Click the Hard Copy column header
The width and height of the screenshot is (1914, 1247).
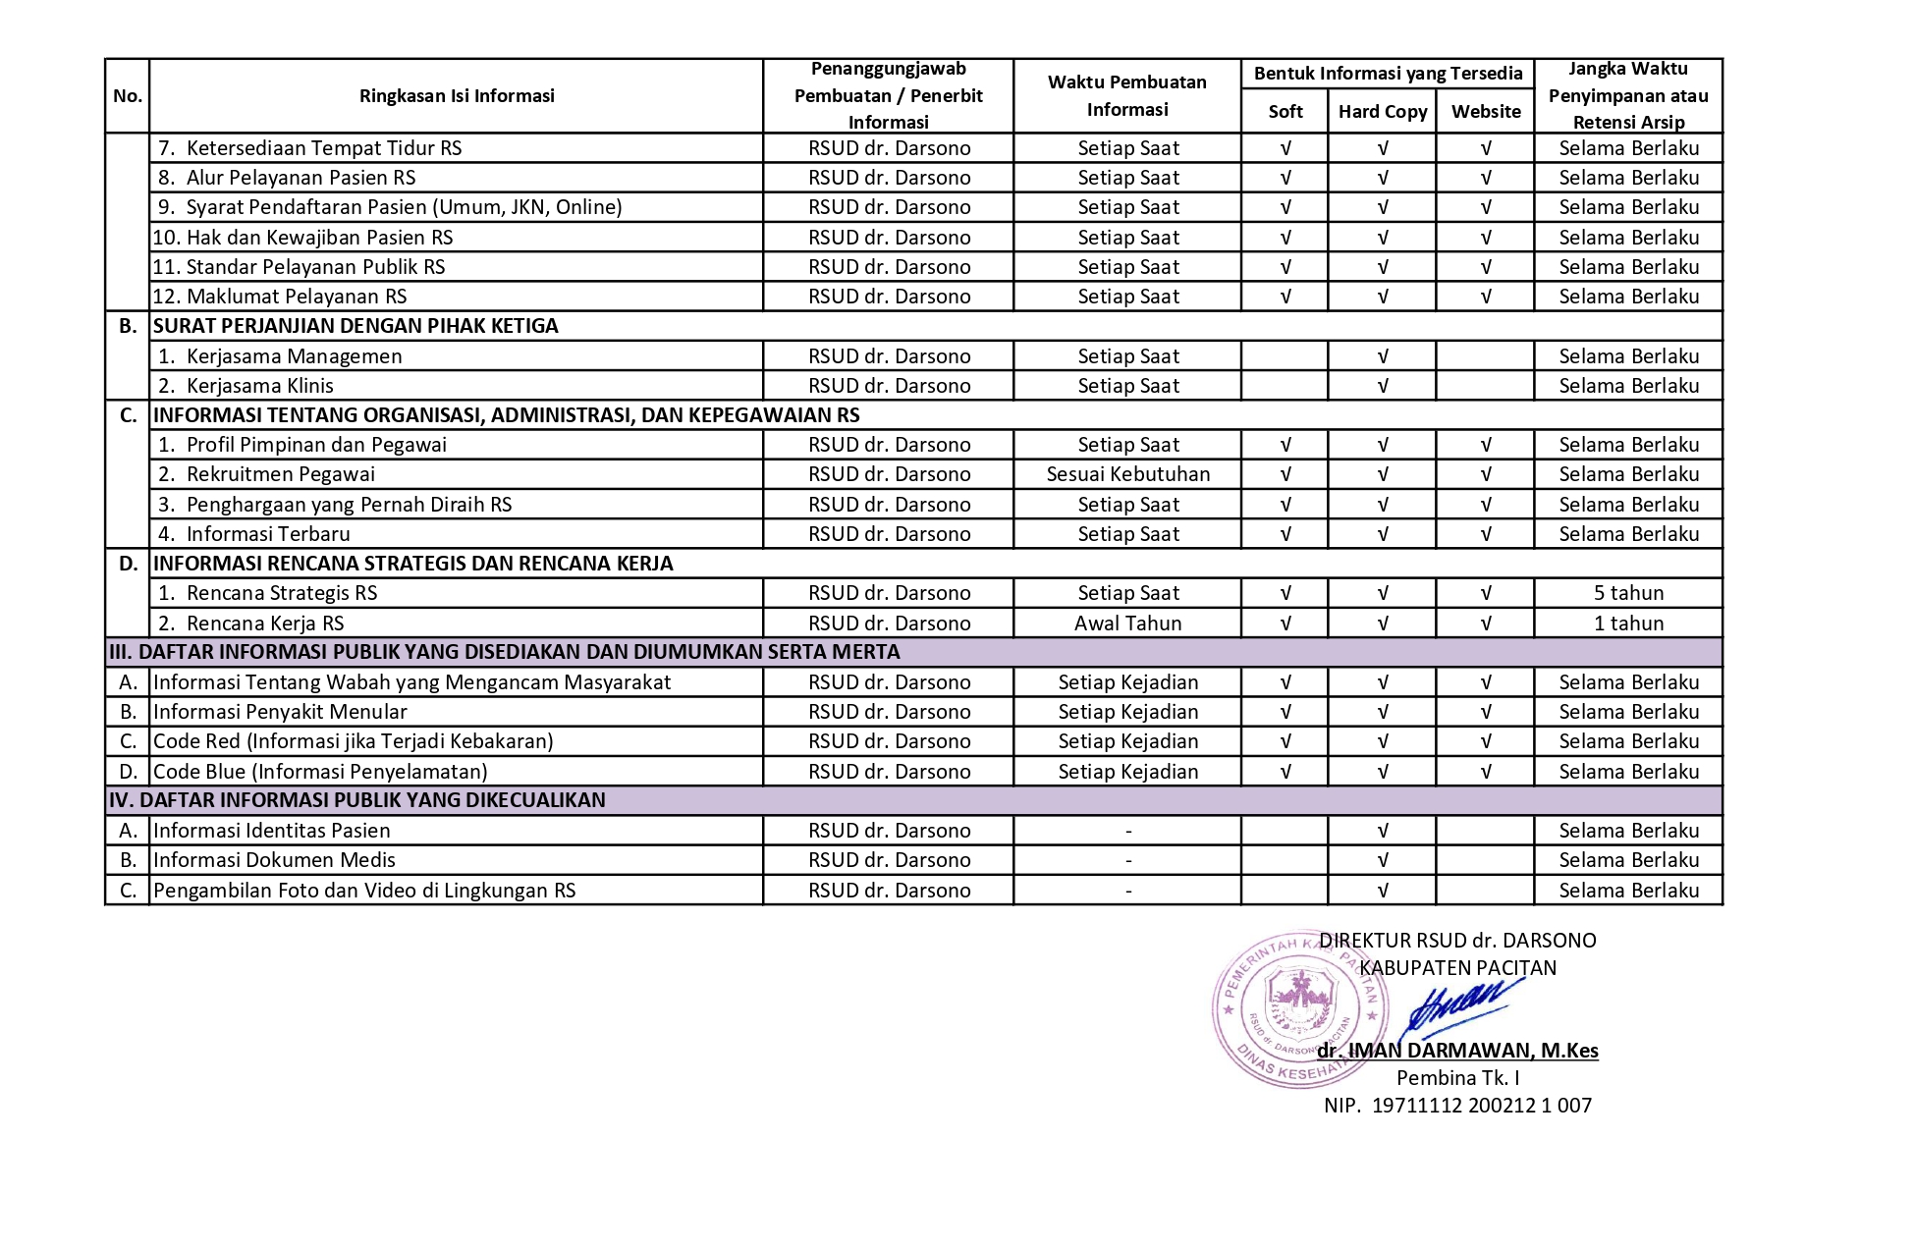tap(1382, 112)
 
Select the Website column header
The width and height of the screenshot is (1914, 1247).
tap(1485, 112)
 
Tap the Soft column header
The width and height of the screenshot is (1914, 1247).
tap(1285, 112)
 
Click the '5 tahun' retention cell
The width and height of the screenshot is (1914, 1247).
tap(1628, 593)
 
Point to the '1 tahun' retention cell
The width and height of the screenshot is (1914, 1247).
tap(1628, 623)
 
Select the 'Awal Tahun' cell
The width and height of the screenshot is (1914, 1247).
tap(1127, 623)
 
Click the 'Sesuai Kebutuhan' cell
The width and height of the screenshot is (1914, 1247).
tap(1127, 474)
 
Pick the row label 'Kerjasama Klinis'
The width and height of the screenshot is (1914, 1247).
tap(259, 386)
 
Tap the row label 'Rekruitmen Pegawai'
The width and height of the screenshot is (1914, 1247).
tap(280, 474)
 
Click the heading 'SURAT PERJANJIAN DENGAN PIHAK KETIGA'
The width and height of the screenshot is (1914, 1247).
tap(355, 326)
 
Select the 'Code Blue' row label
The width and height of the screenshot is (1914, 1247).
tap(320, 772)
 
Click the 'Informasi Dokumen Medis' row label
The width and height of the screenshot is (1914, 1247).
tap(274, 860)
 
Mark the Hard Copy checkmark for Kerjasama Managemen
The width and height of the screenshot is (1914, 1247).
tap(1382, 356)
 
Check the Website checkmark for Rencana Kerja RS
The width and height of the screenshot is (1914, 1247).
tap(1485, 623)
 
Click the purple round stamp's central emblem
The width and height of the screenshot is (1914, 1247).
tap(1299, 1002)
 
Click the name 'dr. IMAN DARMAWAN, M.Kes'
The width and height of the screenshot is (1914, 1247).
tap(1457, 1051)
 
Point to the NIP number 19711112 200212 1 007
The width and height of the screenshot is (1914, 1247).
tap(1481, 1106)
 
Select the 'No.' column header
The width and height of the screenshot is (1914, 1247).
tap(128, 96)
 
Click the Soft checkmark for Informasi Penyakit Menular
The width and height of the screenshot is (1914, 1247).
tap(1285, 712)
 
